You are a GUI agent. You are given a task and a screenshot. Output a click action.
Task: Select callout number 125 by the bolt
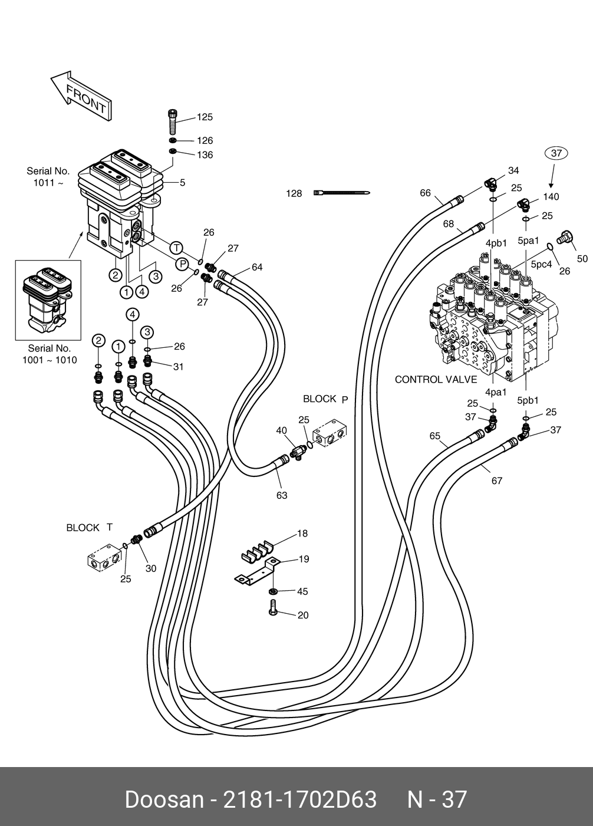click(x=205, y=117)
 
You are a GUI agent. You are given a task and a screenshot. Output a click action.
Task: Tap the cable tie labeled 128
click(x=342, y=193)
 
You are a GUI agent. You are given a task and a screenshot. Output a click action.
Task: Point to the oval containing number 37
click(x=555, y=153)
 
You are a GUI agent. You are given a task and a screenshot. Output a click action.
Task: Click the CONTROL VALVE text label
click(x=436, y=379)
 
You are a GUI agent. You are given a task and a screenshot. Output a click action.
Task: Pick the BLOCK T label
click(x=89, y=528)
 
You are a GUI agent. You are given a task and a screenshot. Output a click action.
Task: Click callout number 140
click(x=551, y=196)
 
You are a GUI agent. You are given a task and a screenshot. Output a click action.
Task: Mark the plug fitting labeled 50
click(x=564, y=237)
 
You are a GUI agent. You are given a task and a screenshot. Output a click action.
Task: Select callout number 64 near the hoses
click(x=257, y=267)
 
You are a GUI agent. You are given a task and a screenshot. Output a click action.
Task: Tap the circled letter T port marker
click(x=176, y=248)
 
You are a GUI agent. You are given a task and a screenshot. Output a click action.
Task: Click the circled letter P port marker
click(x=182, y=264)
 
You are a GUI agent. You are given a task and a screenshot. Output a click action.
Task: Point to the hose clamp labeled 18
click(x=257, y=551)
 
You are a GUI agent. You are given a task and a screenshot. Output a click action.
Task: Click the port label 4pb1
click(x=496, y=243)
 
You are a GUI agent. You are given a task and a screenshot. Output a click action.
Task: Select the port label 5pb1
click(x=528, y=400)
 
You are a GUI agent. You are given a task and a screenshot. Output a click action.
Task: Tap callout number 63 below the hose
click(x=282, y=495)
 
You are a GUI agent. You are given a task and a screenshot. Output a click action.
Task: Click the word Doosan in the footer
click(x=164, y=799)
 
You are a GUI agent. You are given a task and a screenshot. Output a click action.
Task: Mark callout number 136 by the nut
click(x=205, y=155)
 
